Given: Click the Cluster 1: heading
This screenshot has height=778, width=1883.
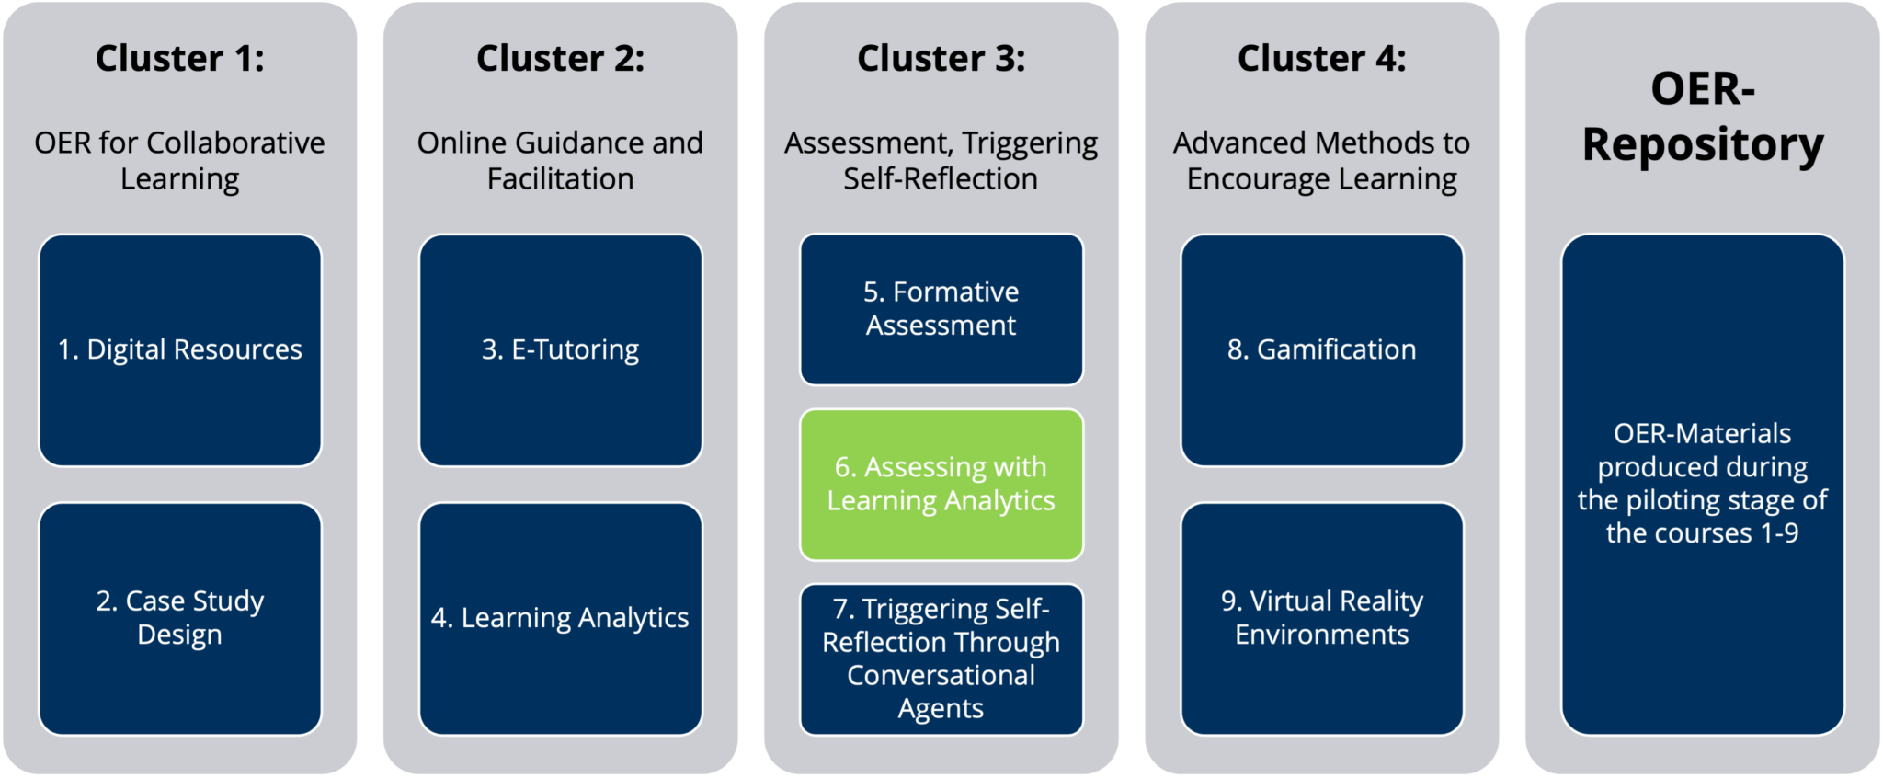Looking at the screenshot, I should tap(179, 58).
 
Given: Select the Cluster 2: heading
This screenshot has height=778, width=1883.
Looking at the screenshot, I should tap(560, 58).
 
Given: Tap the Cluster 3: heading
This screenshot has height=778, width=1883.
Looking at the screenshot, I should tap(941, 58).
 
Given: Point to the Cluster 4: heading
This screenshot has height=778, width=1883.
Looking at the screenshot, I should tap(1321, 58).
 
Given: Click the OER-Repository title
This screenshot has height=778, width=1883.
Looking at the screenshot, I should tap(1702, 117).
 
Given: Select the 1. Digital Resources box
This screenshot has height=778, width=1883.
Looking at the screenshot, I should tap(179, 350).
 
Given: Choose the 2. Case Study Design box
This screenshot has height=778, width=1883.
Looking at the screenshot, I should tap(179, 618).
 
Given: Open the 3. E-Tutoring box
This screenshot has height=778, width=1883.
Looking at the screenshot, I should tap(560, 350).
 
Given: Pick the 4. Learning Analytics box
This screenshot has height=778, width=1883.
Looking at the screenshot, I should tap(560, 618).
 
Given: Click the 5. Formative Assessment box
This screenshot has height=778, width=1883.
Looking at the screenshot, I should tap(941, 309).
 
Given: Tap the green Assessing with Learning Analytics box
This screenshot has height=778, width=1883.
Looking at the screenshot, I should tap(941, 485).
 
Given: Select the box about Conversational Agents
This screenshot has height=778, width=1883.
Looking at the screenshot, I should tap(941, 659).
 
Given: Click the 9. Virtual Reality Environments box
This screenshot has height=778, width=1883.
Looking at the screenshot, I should tap(1321, 618).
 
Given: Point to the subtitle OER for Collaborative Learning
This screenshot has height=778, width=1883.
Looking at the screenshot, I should tap(179, 161).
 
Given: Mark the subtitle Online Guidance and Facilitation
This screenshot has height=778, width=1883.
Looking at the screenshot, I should tap(560, 161).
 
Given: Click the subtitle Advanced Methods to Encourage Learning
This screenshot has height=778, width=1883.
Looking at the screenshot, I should tap(1321, 161).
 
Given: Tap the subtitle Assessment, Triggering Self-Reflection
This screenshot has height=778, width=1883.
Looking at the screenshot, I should tap(941, 161).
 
